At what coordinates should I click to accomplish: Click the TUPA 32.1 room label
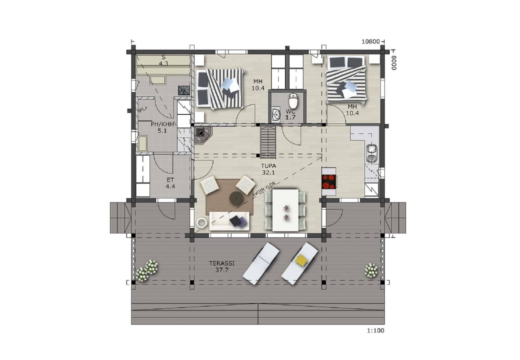click(268, 169)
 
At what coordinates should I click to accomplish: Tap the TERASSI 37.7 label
click(222, 266)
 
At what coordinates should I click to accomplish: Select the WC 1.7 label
click(290, 114)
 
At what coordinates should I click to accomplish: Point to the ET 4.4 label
click(170, 183)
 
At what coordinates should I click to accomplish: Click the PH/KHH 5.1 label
click(162, 127)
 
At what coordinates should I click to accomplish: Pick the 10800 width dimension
click(371, 41)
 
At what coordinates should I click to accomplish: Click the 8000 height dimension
click(394, 63)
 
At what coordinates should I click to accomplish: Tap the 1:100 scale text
click(376, 330)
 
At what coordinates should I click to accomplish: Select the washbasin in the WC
click(276, 115)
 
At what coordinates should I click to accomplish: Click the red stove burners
click(329, 182)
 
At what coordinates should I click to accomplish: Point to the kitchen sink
click(372, 154)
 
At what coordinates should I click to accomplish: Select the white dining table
click(285, 210)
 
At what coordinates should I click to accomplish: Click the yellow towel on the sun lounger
click(301, 260)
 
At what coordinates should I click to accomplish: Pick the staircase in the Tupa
click(268, 142)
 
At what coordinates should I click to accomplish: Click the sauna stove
click(184, 90)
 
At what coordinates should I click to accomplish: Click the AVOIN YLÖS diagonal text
click(264, 189)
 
